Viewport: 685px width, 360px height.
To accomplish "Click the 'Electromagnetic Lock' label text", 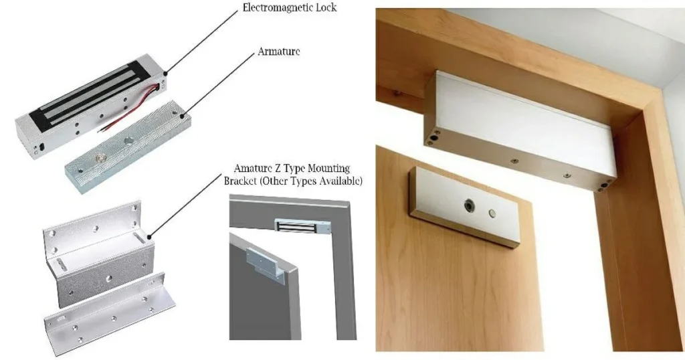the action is point(290,7).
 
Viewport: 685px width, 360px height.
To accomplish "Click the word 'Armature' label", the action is point(279,51).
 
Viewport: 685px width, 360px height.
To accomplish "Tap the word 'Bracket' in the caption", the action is point(240,181).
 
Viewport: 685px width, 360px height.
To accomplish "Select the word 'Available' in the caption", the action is point(342,181).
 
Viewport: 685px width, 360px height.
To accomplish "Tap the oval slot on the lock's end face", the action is point(42,147).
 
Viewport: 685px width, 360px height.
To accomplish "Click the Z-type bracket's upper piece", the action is point(98,254).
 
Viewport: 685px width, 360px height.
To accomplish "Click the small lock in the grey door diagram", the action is point(302,226).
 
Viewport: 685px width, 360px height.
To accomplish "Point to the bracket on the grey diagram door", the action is point(265,264).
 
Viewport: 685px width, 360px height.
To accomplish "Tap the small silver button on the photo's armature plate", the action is point(492,213).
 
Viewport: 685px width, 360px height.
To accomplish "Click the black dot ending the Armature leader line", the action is point(182,116).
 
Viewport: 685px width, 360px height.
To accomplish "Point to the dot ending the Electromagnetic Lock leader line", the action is point(166,73).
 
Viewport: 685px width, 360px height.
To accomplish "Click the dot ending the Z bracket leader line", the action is point(150,238).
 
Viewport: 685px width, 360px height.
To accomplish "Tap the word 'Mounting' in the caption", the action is point(328,168).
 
